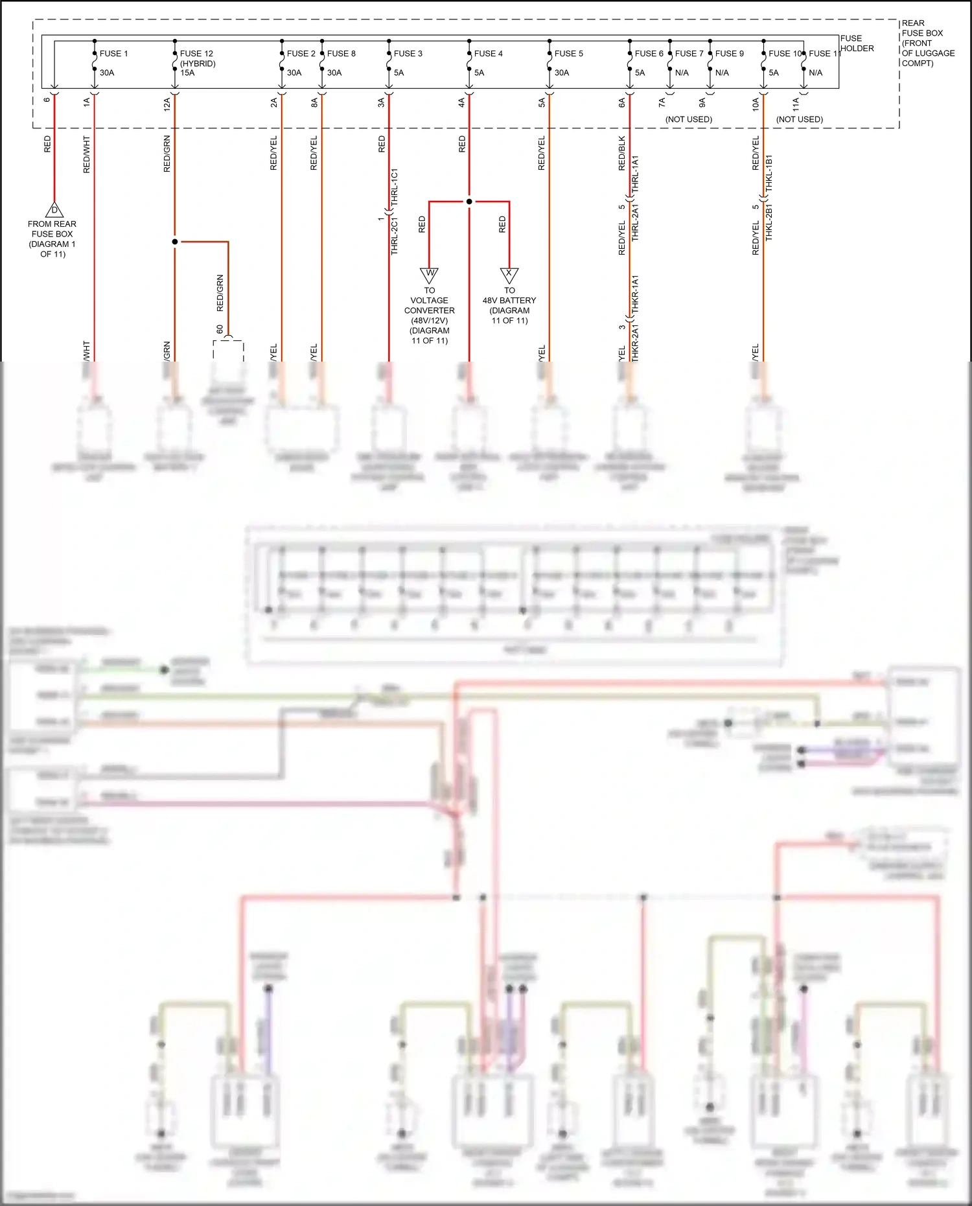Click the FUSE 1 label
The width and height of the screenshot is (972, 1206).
point(113,54)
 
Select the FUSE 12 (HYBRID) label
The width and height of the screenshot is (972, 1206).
point(197,58)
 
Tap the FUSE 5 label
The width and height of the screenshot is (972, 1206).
point(568,54)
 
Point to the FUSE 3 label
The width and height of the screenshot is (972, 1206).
point(408,54)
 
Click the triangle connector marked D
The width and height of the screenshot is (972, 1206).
point(54,211)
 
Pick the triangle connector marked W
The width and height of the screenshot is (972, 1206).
point(429,274)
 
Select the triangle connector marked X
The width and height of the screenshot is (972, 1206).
point(509,274)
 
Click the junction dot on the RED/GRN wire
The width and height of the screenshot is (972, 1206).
point(175,242)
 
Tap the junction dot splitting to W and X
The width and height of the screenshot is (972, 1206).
point(469,202)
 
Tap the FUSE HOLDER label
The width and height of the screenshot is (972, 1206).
point(857,43)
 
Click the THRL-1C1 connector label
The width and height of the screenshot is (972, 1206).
point(395,188)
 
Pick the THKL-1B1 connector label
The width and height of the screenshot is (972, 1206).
point(769,172)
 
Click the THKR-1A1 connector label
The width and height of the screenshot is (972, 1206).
point(635,294)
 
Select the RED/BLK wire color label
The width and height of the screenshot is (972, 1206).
point(622,153)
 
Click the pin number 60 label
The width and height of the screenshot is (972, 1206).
point(220,329)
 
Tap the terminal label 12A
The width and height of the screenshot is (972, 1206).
point(167,102)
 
